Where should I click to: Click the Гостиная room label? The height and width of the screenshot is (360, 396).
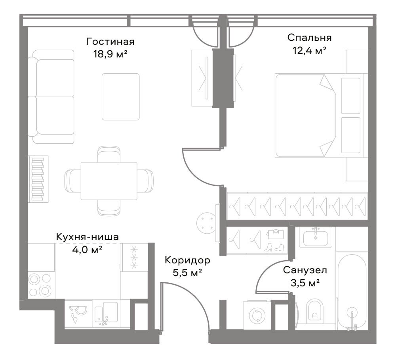(x=110, y=42)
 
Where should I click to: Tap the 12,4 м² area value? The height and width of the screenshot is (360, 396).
(x=309, y=50)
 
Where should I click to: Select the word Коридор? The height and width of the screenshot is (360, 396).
(x=187, y=260)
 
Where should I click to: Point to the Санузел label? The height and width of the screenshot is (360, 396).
(x=305, y=270)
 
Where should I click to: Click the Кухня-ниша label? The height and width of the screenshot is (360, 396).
(x=87, y=237)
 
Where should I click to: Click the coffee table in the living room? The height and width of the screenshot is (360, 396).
(x=121, y=97)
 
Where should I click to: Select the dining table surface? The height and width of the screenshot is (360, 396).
(x=109, y=181)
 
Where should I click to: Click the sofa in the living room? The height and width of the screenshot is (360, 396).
(x=51, y=97)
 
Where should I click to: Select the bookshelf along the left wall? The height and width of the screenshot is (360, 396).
(x=38, y=179)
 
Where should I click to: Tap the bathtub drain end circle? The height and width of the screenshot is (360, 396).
(x=352, y=313)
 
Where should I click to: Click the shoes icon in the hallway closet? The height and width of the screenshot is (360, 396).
(x=275, y=247)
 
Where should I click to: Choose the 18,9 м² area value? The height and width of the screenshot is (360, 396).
(x=110, y=54)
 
